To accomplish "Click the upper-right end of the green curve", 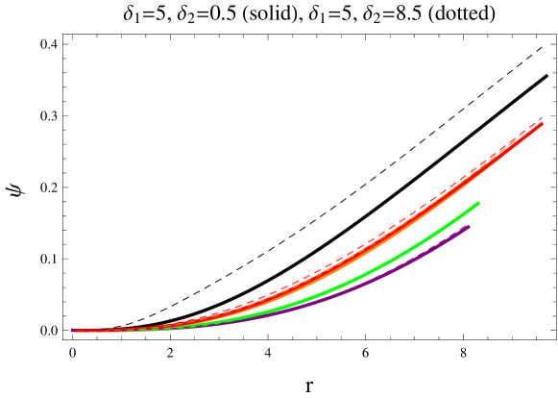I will [x=477, y=204].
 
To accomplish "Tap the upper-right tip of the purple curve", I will [x=468, y=227].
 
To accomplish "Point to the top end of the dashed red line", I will [x=543, y=118].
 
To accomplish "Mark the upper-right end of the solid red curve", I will [x=543, y=124].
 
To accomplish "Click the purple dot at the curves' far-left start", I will [x=73, y=331].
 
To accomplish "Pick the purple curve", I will [x=384, y=277].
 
